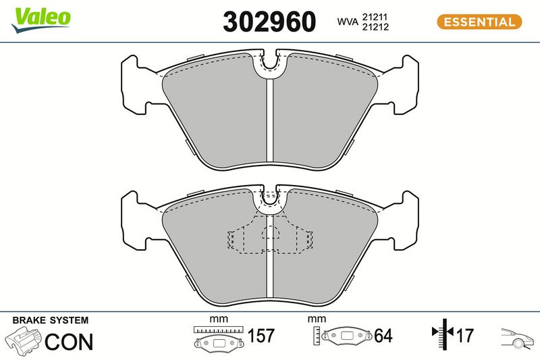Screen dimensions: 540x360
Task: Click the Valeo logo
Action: (x=40, y=20)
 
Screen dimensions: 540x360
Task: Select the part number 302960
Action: (x=269, y=22)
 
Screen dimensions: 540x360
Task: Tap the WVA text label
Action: (x=348, y=22)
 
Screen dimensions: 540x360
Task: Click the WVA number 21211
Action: (x=375, y=16)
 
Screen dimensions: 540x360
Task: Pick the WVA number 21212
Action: (x=375, y=27)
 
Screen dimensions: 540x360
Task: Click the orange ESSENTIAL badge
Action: (x=479, y=22)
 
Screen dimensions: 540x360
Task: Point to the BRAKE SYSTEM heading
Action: (x=50, y=320)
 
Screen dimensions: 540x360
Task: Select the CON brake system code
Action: (x=69, y=341)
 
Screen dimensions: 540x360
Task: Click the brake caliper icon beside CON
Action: (x=23, y=340)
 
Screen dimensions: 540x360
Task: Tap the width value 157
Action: (x=261, y=336)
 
